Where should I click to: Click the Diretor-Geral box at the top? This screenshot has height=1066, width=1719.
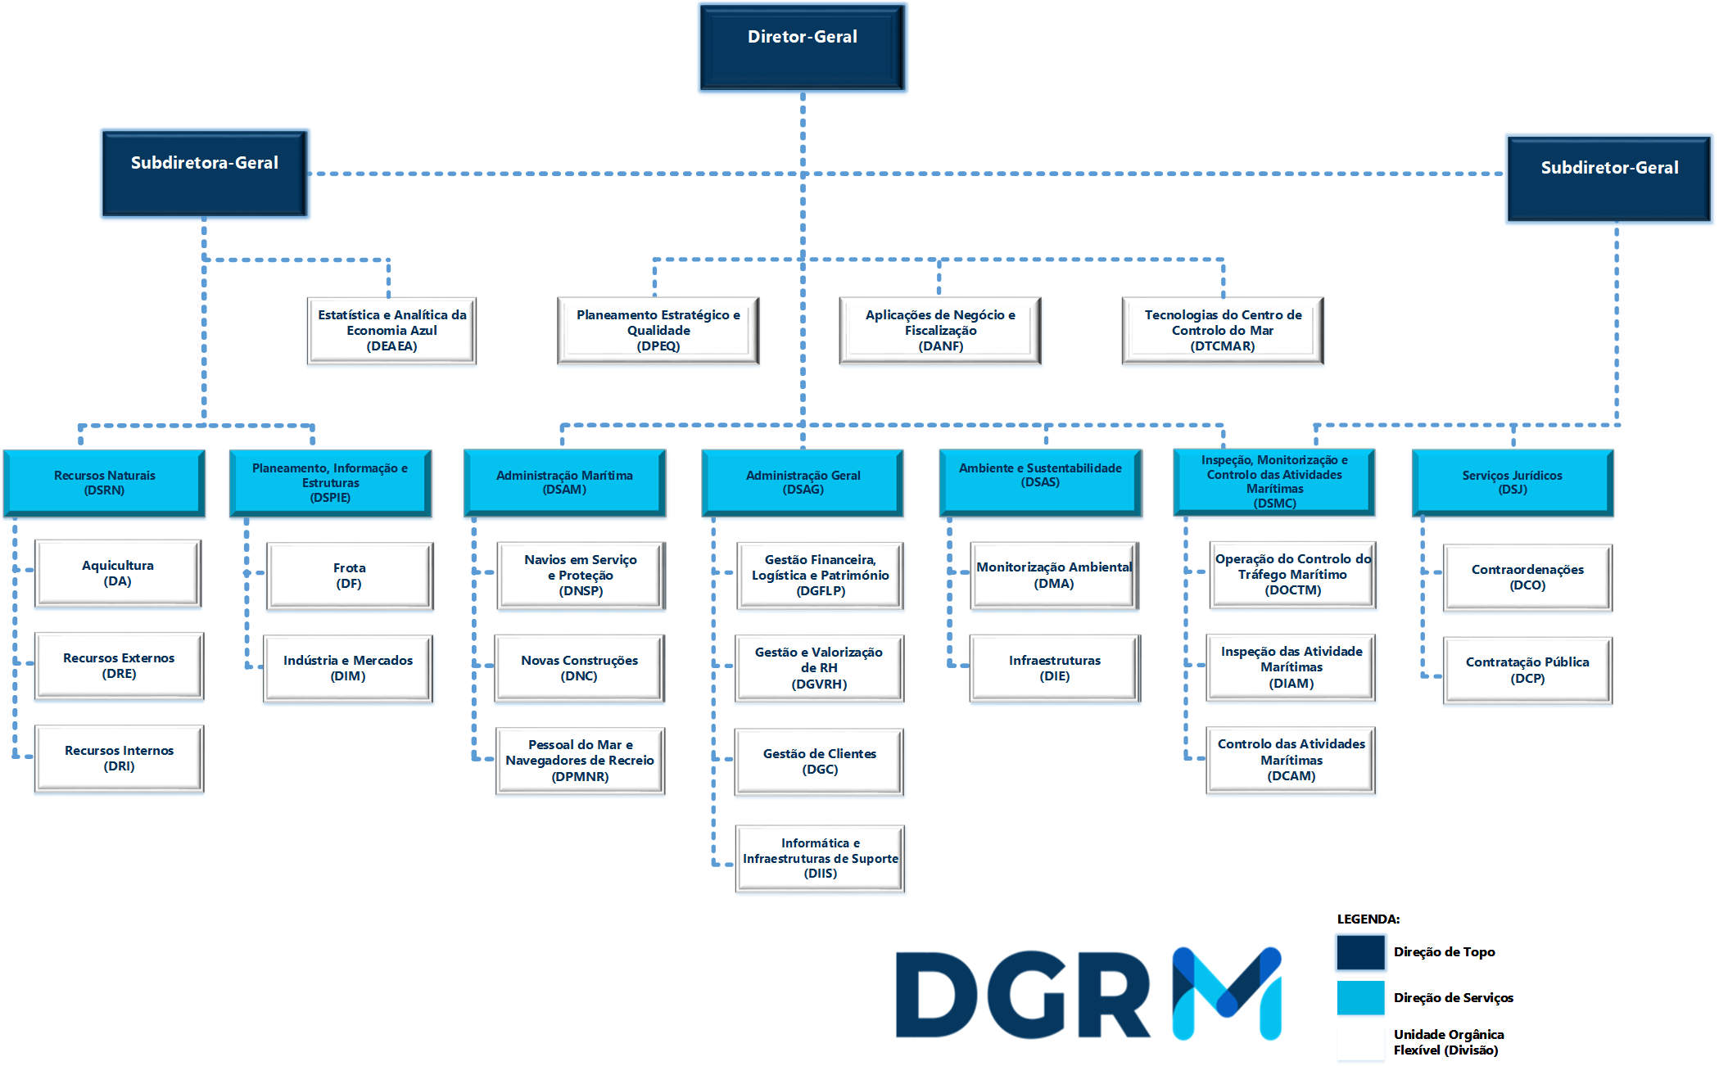tap(803, 47)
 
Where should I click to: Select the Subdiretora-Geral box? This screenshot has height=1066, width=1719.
tap(205, 173)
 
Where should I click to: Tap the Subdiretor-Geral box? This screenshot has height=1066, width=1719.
tap(1609, 178)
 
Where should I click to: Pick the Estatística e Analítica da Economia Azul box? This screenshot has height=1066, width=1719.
tap(391, 331)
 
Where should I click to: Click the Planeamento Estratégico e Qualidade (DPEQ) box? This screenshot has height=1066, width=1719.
tap(658, 331)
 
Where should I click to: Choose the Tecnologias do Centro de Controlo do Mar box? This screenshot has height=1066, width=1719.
tap(1223, 331)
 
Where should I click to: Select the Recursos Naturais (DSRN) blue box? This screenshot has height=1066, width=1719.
tap(104, 482)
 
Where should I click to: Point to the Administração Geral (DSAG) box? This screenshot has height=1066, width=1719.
tap(803, 482)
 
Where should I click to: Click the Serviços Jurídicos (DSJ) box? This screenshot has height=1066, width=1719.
tap(1513, 482)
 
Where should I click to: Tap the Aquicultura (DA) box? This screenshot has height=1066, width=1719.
tap(118, 573)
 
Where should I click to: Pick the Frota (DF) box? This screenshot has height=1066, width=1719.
tap(350, 576)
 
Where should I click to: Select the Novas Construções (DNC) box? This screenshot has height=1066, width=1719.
tap(580, 668)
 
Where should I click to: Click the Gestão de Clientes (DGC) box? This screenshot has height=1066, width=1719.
tap(820, 761)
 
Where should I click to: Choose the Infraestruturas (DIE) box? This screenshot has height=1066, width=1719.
tap(1055, 668)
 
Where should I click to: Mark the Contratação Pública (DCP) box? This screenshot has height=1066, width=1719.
tap(1527, 670)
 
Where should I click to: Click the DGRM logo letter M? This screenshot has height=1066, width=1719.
tap(1227, 993)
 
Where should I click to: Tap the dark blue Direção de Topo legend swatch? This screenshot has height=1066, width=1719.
tap(1360, 952)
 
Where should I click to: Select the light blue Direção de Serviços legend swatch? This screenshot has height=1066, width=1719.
tap(1360, 997)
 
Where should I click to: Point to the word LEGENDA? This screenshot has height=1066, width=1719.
tap(1368, 919)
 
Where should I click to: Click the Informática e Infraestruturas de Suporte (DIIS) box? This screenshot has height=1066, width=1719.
tap(820, 858)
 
